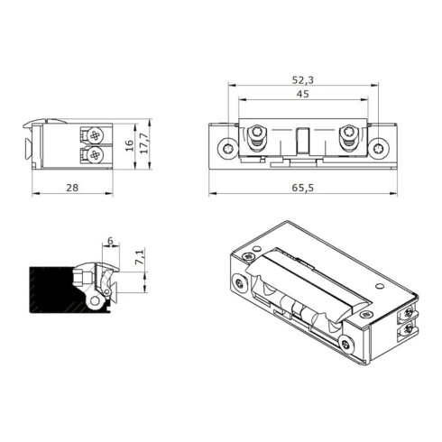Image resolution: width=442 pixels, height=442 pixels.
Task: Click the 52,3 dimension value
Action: pos(303,80)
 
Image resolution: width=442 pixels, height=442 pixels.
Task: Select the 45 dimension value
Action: pos(303,94)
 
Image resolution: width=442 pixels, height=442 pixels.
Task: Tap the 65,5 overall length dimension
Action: pos(303,188)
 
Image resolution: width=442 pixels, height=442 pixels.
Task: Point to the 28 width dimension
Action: pos(72,188)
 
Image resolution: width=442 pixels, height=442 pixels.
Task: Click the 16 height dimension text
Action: pos(129,146)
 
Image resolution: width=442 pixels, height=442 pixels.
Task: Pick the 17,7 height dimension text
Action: pos(144,143)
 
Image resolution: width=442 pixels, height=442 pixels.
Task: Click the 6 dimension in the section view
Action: pos(110,241)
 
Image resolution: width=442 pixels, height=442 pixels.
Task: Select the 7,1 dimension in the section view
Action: pos(140,256)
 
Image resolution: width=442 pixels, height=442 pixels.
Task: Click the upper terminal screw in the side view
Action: pos(95,135)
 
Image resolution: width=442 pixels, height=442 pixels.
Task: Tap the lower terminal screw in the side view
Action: pos(95,155)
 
